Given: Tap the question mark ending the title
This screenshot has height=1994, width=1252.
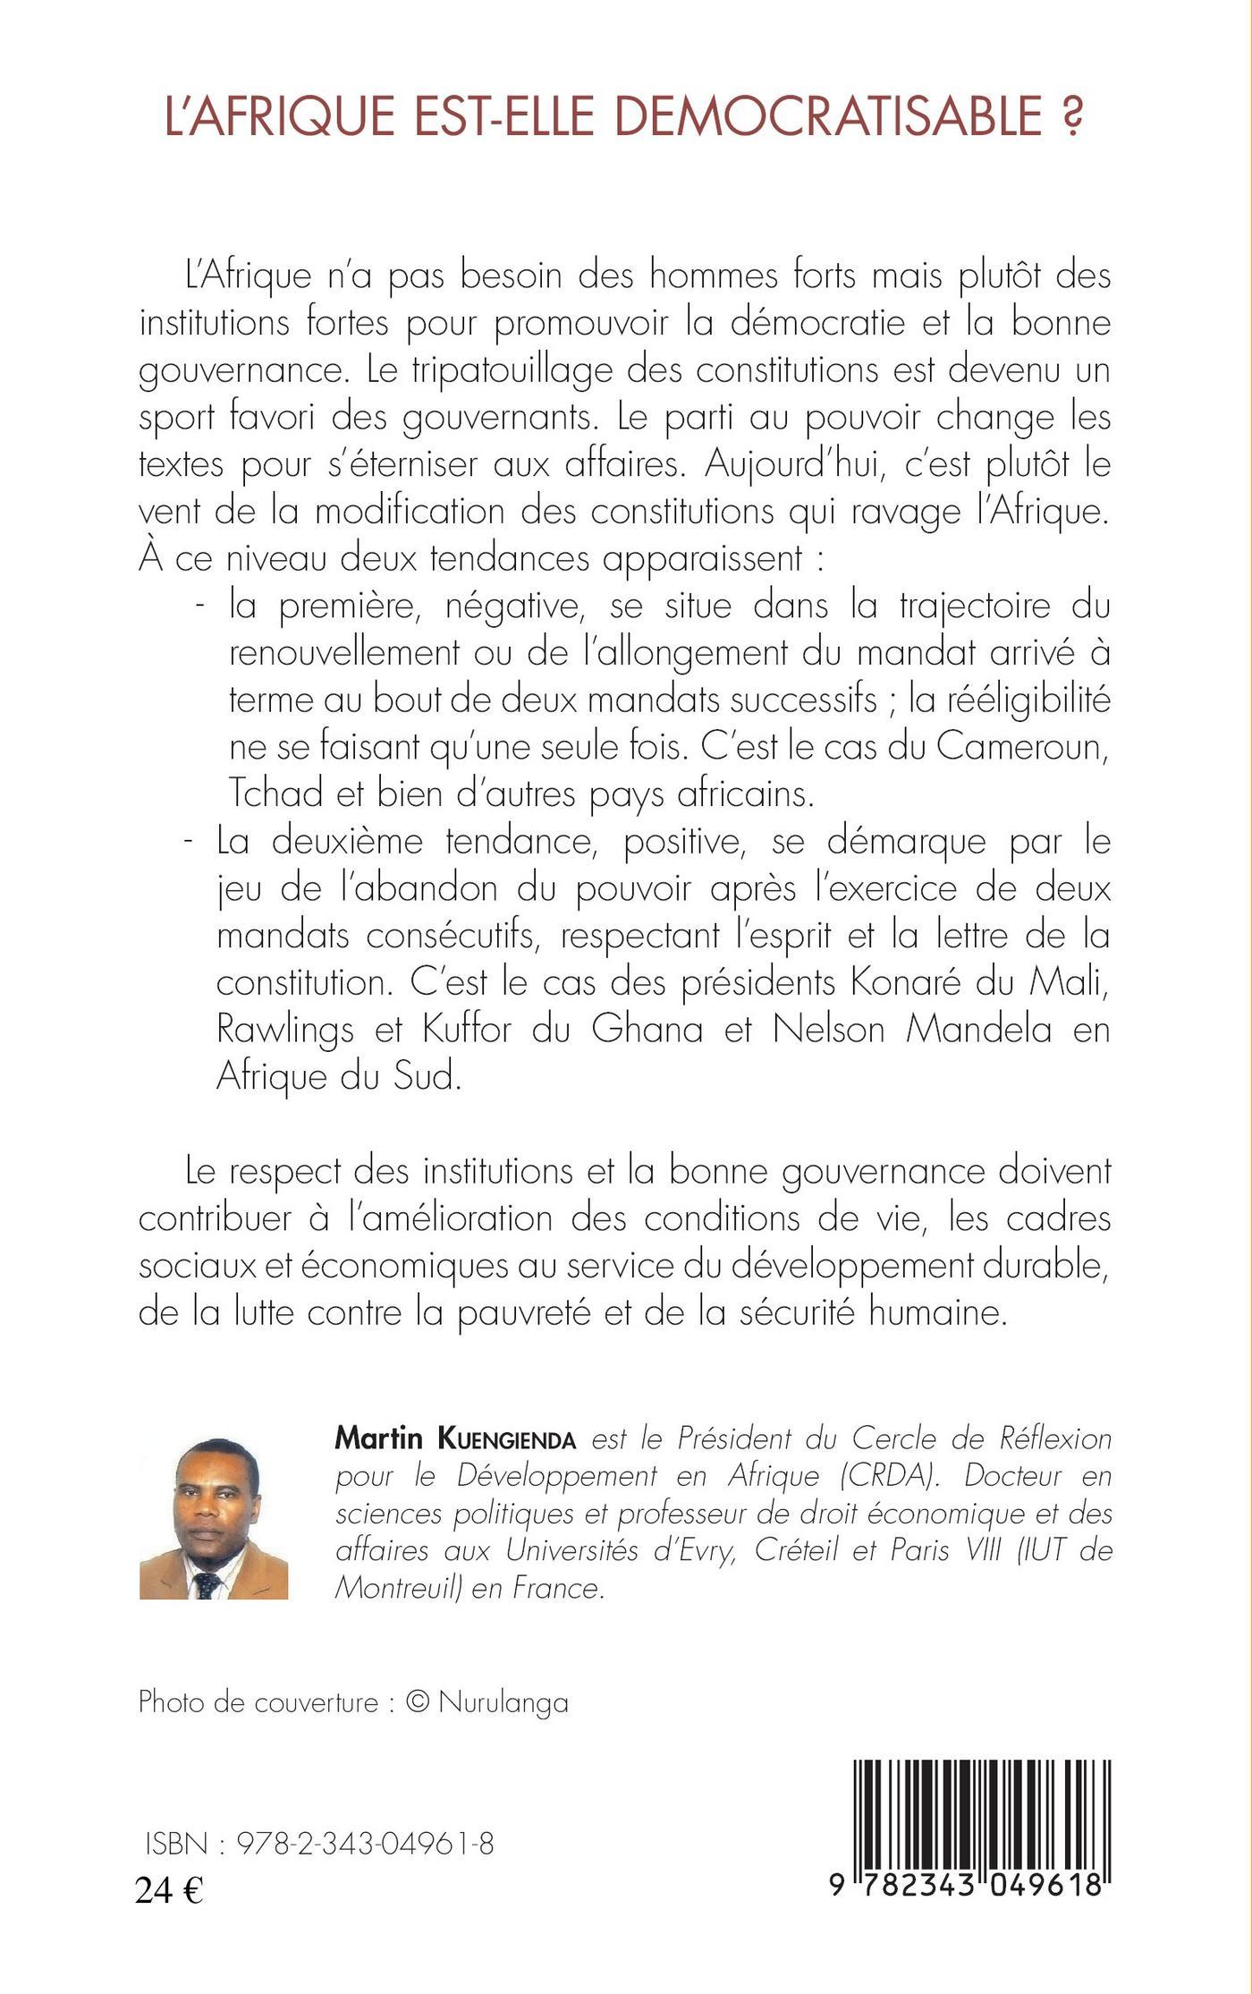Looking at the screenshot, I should pyautogui.click(x=1071, y=117).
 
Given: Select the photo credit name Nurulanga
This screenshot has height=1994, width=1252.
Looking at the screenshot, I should pyautogui.click(x=503, y=1701).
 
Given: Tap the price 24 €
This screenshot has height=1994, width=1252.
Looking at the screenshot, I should pyautogui.click(x=169, y=1890).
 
